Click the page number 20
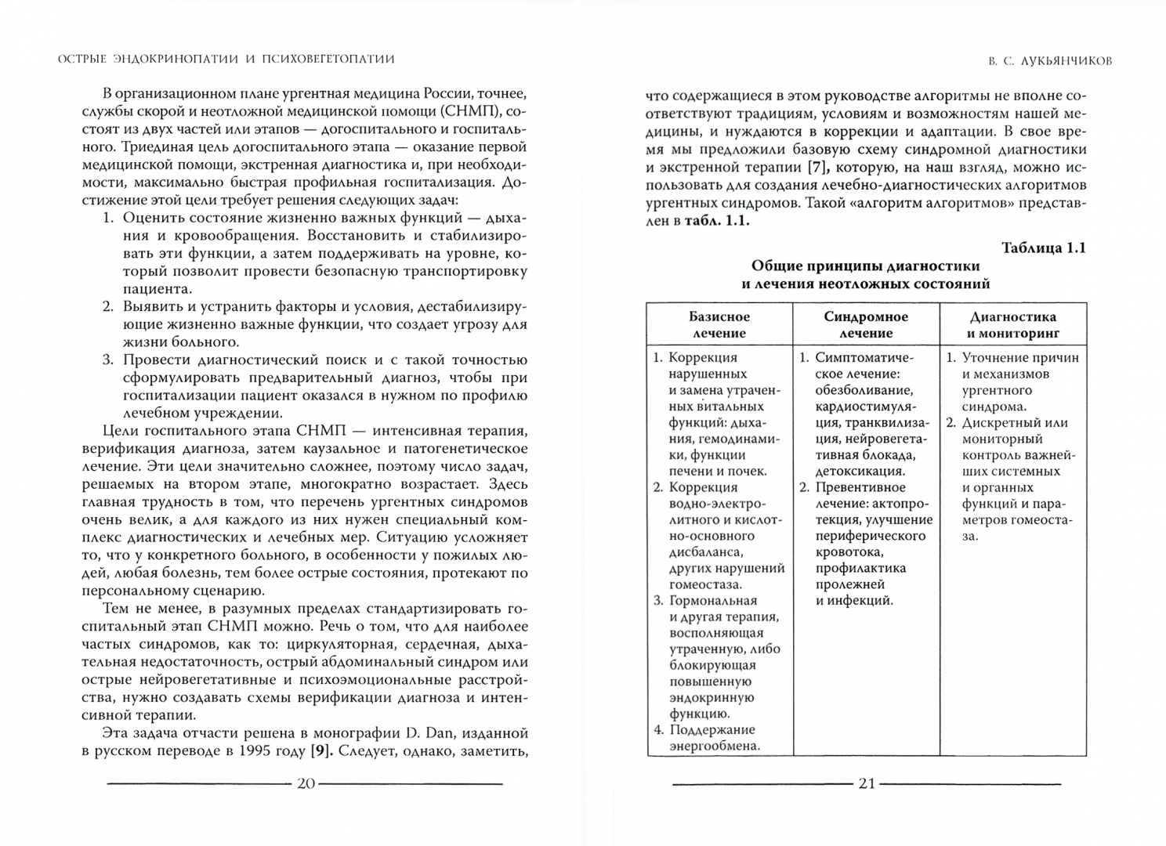point(306,783)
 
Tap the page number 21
point(866,783)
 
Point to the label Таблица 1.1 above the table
point(1044,248)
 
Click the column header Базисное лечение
point(719,325)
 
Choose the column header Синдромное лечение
point(866,325)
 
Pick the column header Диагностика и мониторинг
point(1013,325)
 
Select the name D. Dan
point(429,734)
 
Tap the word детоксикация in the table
point(860,472)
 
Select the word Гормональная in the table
point(713,601)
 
